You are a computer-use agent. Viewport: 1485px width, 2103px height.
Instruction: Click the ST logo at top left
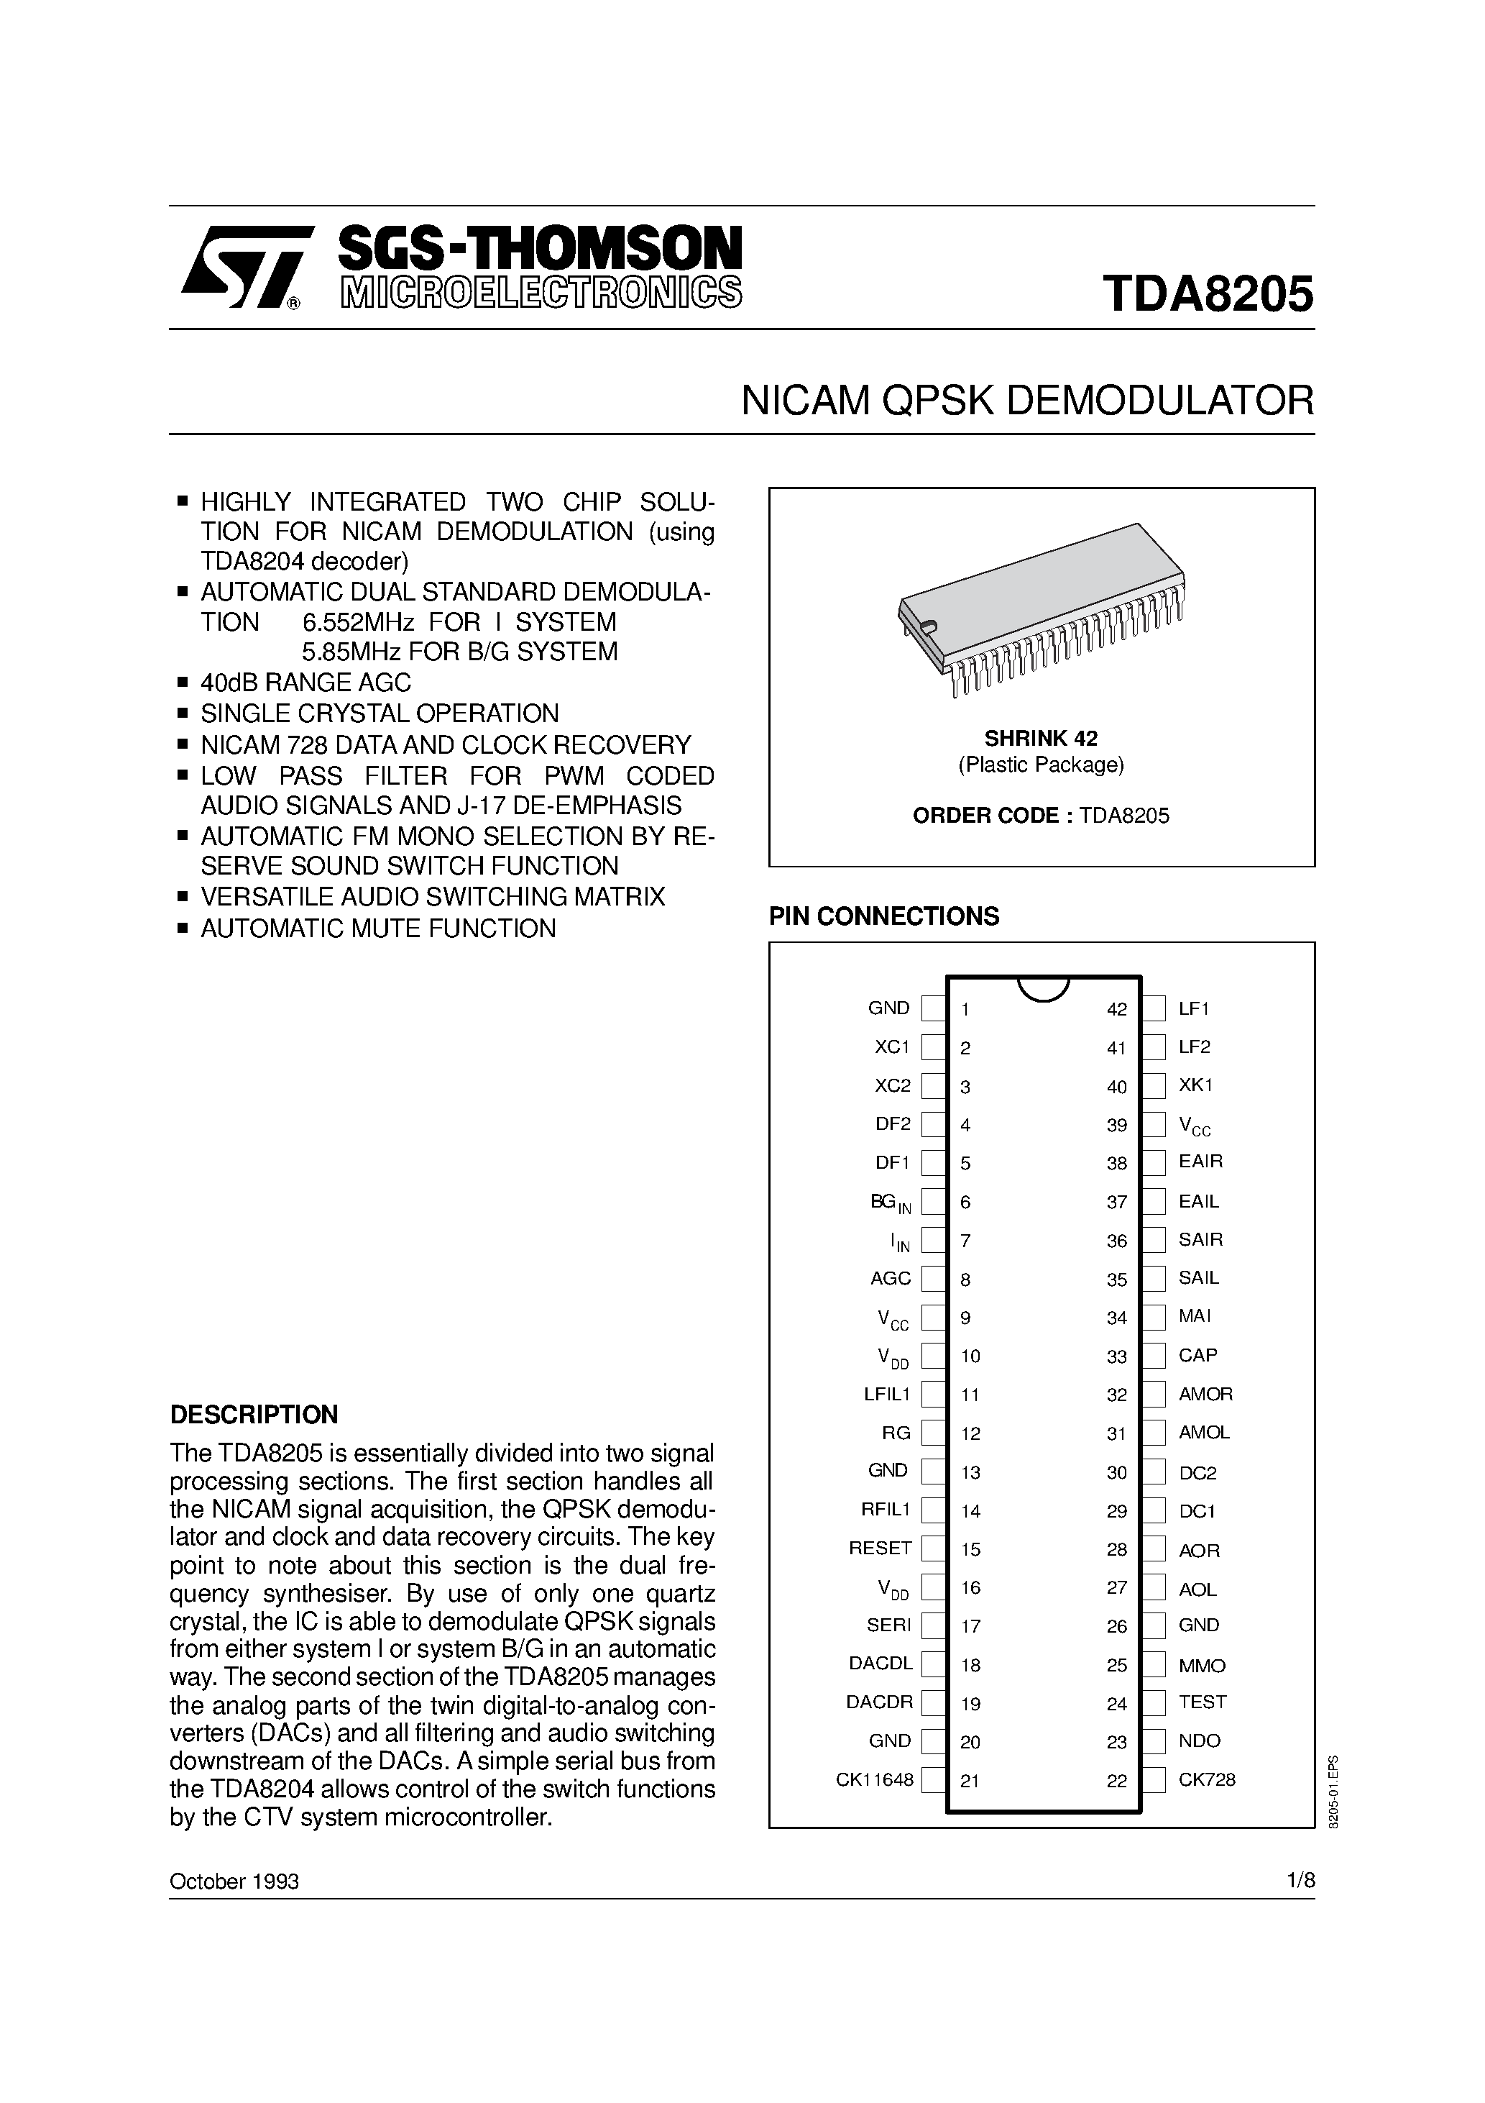[x=241, y=267]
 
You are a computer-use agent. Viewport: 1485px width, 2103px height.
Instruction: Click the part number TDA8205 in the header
[x=1208, y=295]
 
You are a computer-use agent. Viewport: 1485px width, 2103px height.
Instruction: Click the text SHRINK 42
[x=1041, y=738]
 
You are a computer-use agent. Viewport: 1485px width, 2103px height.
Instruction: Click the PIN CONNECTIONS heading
[x=883, y=916]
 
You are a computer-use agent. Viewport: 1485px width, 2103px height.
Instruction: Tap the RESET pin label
[x=880, y=1548]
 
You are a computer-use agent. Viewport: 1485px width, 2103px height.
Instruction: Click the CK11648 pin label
[x=874, y=1779]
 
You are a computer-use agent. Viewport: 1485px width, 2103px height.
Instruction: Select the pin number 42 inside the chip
[x=1116, y=1009]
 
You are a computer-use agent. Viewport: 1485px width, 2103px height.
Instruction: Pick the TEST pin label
[x=1202, y=1702]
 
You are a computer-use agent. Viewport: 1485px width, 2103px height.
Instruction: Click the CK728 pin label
[x=1207, y=1779]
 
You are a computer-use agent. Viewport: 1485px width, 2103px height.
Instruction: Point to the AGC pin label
[x=890, y=1278]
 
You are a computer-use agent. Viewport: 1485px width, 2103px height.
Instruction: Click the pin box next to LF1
[x=1154, y=1008]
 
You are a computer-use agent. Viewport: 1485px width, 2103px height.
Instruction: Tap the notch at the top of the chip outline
[x=1043, y=987]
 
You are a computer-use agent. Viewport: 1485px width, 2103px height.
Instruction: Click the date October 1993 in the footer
[x=234, y=1881]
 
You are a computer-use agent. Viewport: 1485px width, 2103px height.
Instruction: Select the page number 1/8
[x=1300, y=1881]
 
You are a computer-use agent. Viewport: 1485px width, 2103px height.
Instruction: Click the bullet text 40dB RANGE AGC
[x=305, y=683]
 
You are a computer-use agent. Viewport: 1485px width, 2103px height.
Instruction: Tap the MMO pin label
[x=1202, y=1665]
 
